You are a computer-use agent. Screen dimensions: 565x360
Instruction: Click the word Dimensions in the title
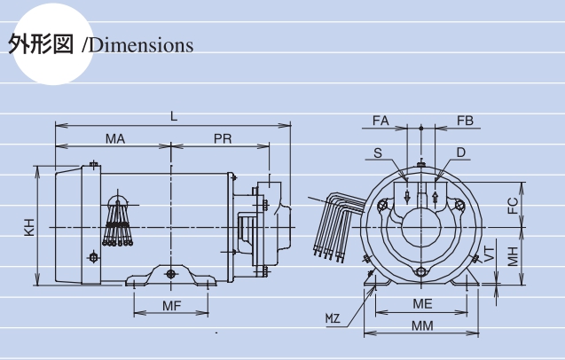[x=141, y=45]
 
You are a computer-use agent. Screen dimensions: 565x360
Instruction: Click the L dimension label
[x=174, y=116]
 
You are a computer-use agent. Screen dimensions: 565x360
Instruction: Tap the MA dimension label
[x=115, y=138]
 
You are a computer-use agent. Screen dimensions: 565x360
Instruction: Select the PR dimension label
[x=223, y=138]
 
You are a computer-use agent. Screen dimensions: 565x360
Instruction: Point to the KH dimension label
[x=29, y=227]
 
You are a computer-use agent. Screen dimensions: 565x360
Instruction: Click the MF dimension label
[x=171, y=306]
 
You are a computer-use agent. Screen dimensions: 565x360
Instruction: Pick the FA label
[x=381, y=121]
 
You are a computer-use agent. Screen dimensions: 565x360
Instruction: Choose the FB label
[x=465, y=121]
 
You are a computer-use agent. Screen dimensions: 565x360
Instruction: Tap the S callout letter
[x=378, y=153]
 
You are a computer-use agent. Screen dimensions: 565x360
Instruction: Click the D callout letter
[x=461, y=153]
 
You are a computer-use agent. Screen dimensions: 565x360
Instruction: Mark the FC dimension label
[x=513, y=206]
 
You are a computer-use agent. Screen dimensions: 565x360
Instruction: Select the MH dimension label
[x=513, y=256]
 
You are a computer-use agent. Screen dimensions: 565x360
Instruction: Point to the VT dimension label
[x=489, y=254]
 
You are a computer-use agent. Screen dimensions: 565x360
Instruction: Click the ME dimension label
[x=422, y=304]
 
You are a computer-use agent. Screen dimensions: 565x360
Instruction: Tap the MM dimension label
[x=422, y=326]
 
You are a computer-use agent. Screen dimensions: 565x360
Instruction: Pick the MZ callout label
[x=333, y=318]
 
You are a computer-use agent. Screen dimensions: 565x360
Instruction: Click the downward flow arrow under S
[x=407, y=196]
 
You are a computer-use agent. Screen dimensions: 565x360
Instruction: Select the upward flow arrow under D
[x=435, y=197]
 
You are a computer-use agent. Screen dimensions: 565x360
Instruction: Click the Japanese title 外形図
[x=41, y=44]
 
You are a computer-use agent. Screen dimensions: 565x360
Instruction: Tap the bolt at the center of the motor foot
[x=171, y=274]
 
